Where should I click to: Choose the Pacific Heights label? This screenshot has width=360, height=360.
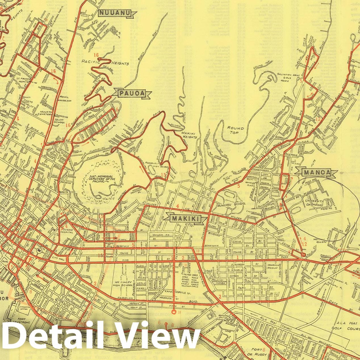coord(105,62)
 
